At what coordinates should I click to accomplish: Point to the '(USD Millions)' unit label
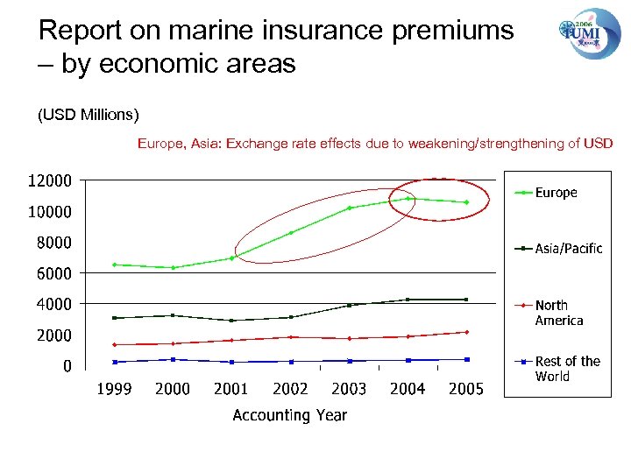pyautogui.click(x=88, y=115)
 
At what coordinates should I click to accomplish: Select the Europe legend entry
pyautogui.click(x=556, y=193)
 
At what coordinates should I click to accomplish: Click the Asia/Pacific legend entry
pyautogui.click(x=568, y=249)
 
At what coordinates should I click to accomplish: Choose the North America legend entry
pyautogui.click(x=558, y=313)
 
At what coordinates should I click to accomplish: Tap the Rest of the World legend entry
pyautogui.click(x=567, y=369)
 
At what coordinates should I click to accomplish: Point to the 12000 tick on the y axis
pyautogui.click(x=50, y=181)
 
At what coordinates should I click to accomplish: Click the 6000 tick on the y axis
pyautogui.click(x=54, y=273)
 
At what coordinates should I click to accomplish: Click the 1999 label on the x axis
pyautogui.click(x=114, y=389)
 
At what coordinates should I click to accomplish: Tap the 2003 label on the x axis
pyautogui.click(x=349, y=389)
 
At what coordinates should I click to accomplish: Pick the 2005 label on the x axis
pyautogui.click(x=465, y=389)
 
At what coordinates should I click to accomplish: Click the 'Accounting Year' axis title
pyautogui.click(x=289, y=415)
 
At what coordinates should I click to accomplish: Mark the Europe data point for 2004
pyautogui.click(x=408, y=198)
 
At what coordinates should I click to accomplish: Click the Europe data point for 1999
pyautogui.click(x=114, y=264)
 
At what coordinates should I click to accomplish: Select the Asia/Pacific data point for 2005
pyautogui.click(x=466, y=300)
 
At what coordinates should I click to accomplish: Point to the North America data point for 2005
pyautogui.click(x=466, y=332)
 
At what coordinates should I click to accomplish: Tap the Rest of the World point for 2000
pyautogui.click(x=173, y=359)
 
